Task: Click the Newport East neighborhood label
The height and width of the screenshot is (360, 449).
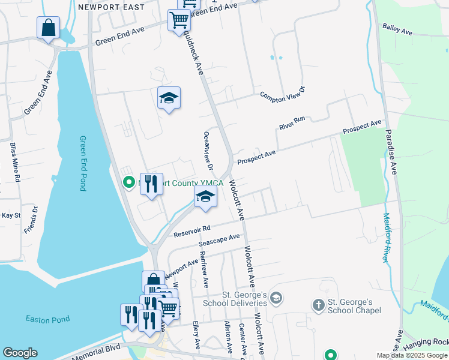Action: pos(111,7)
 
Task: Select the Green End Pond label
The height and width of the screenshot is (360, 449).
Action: pos(83,163)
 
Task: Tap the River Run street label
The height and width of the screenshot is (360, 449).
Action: pos(292,124)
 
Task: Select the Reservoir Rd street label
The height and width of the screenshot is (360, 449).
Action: pos(191,229)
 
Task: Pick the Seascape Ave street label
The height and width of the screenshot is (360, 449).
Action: pos(219,241)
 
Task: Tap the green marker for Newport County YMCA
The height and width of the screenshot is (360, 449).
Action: pos(128,182)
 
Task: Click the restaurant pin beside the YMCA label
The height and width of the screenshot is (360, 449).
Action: pos(151,184)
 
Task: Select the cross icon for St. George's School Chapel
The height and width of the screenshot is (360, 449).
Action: pos(318,304)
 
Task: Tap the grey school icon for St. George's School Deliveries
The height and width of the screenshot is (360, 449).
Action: pos(276,298)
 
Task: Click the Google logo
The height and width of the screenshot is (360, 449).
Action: pos(20,353)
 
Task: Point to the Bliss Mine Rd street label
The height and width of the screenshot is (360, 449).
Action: pos(15,162)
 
